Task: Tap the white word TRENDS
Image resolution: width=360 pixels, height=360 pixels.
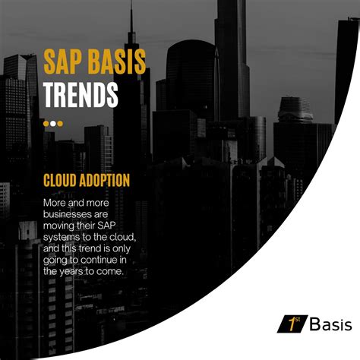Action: click(x=81, y=94)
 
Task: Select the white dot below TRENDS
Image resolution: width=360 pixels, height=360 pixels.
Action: click(x=46, y=123)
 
